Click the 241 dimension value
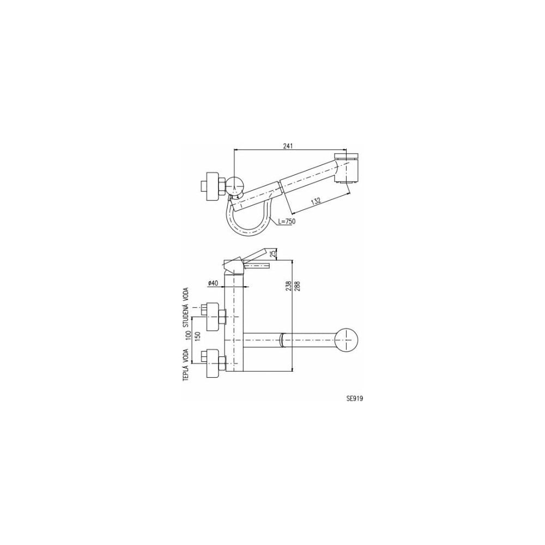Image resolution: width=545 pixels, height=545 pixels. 288,146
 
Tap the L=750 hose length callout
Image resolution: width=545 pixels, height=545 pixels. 287,221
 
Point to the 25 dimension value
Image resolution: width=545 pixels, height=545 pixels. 276,253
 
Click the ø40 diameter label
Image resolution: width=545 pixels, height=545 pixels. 213,283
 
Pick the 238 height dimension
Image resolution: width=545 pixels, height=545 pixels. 288,286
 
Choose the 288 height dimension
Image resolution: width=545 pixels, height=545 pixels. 297,286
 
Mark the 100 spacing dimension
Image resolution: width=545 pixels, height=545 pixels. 189,335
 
